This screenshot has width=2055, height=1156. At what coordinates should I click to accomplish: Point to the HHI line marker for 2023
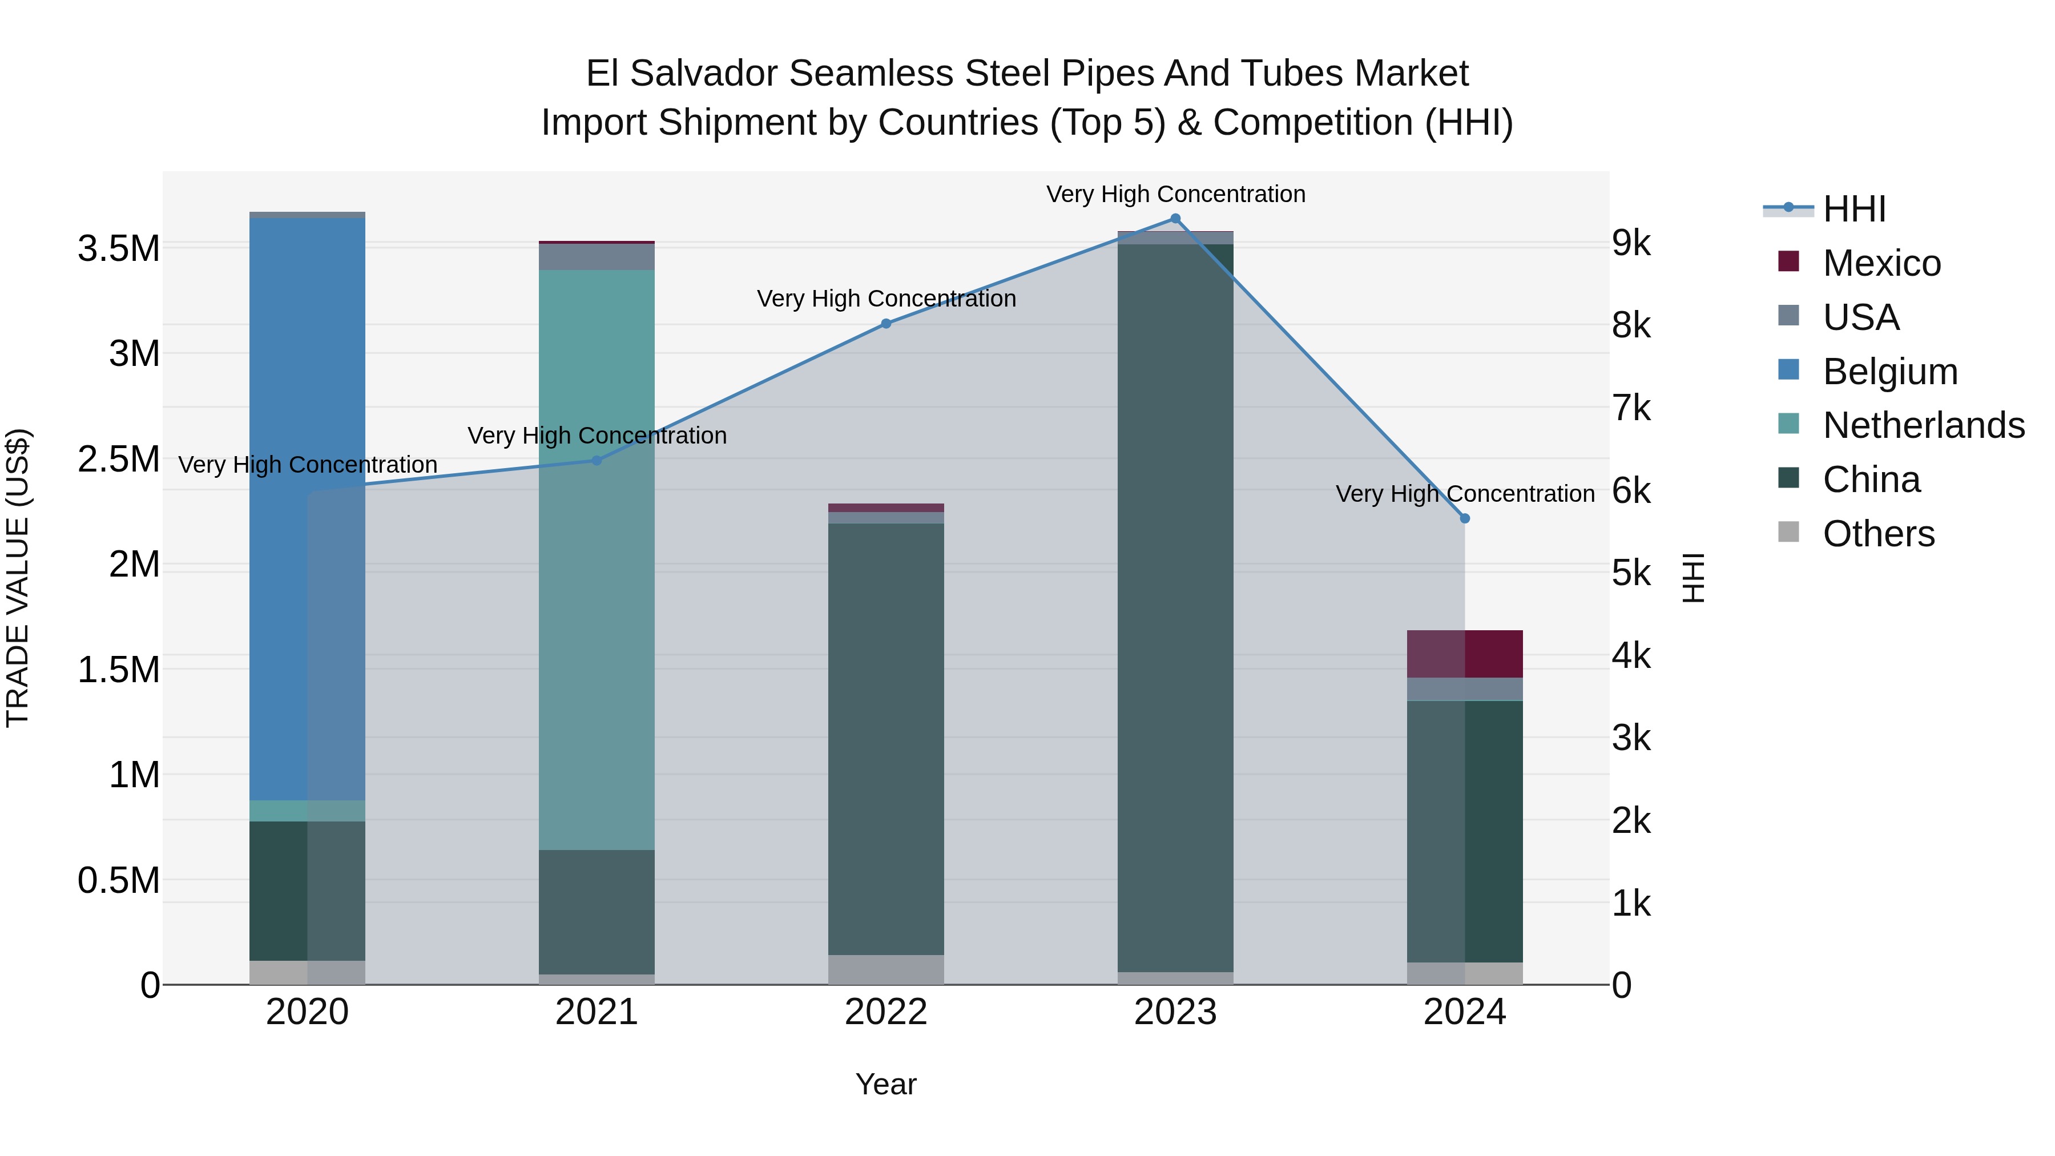pos(1175,219)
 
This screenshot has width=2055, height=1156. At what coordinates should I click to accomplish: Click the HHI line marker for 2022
pos(885,324)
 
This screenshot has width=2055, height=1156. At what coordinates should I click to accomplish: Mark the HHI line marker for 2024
pos(1465,518)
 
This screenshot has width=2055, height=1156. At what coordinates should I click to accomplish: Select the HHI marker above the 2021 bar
pos(596,460)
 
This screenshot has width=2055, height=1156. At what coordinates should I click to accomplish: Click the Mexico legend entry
pos(1880,263)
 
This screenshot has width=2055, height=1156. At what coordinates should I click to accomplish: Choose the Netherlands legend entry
pos(1923,425)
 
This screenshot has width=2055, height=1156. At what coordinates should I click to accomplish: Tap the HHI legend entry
pos(1853,209)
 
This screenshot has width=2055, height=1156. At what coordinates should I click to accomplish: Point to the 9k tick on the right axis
pos(1631,243)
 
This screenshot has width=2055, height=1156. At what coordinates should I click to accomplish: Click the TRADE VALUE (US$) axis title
pos(18,578)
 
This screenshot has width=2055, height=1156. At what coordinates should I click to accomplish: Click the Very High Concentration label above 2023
pos(1175,194)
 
